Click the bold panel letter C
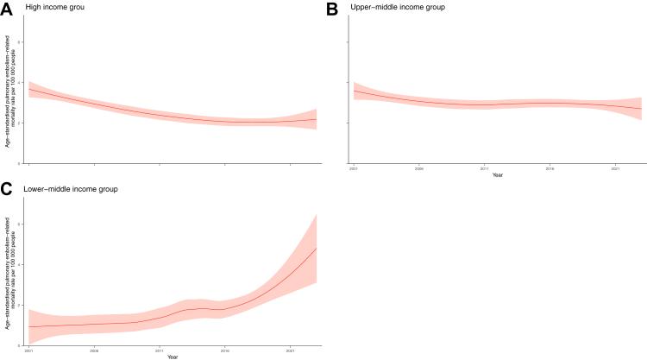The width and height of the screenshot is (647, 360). coord(7,188)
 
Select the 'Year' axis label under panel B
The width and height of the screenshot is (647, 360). coord(498,175)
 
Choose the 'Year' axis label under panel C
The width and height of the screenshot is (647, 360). coord(173,356)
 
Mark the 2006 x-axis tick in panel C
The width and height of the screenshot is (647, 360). coord(94,351)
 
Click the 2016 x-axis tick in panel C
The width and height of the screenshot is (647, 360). coord(224,351)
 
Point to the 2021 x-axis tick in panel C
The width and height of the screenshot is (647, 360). coord(290,351)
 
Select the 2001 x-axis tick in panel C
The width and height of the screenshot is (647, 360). coord(29,351)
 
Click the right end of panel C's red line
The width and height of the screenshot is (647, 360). coord(317,248)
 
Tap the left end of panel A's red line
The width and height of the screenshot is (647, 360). coord(29,89)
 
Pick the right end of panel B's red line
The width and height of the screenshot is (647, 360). coord(641,108)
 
